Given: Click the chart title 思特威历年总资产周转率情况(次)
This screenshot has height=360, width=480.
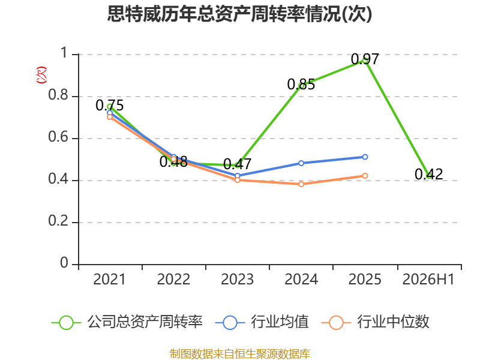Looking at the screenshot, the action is [239, 14].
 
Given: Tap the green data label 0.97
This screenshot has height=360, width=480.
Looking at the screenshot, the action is [365, 59].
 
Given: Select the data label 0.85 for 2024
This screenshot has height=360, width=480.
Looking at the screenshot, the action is [301, 85].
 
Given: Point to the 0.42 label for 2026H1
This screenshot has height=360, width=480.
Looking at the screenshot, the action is [428, 174].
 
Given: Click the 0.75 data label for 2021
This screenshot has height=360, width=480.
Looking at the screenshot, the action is [110, 106].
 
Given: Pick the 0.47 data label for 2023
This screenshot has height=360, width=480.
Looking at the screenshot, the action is [237, 164].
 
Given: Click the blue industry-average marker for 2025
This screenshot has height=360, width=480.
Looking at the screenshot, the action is [365, 157].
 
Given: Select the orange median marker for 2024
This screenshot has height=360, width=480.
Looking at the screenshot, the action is [301, 184].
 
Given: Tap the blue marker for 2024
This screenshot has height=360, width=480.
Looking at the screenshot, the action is [301, 163].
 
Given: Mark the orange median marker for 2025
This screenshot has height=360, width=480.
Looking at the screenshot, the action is [365, 176].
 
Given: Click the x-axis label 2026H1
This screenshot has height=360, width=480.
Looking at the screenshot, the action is [428, 279].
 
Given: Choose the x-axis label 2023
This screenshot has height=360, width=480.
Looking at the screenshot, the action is [237, 279].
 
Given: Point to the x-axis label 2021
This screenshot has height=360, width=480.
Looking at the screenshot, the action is [109, 279].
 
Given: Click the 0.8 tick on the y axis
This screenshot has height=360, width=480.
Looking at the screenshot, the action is [58, 95].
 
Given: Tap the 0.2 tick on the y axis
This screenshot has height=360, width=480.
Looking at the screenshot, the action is [58, 221].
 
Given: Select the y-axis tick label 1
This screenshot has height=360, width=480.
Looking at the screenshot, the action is [64, 53].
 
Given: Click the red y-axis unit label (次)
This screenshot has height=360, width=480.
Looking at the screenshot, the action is [41, 75].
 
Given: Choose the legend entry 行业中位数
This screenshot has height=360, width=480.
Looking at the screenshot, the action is [376, 322].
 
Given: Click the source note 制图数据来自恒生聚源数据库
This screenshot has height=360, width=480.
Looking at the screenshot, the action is [240, 353].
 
